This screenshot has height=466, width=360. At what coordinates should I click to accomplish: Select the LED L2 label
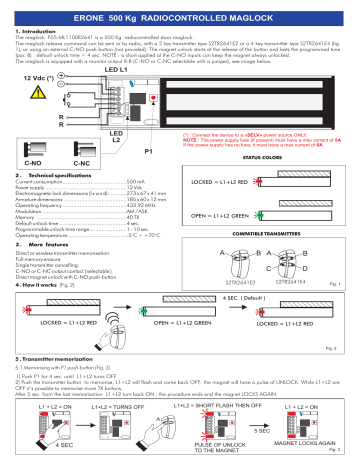(114, 164)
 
